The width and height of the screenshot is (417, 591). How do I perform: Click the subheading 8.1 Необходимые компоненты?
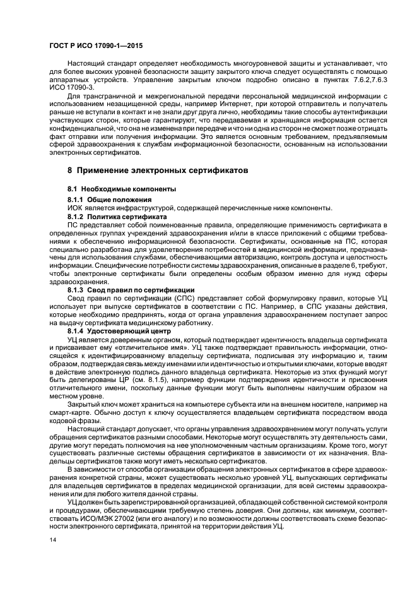[113, 189]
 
